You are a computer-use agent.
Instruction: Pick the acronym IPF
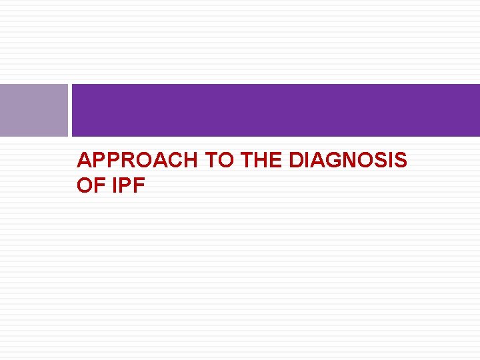(x=129, y=186)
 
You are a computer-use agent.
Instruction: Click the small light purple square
(x=33, y=110)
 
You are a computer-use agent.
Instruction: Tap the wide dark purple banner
(x=275, y=110)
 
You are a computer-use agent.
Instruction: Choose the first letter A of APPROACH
(x=84, y=161)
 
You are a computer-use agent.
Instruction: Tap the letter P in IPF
(x=127, y=186)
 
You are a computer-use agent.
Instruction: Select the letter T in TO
(x=209, y=161)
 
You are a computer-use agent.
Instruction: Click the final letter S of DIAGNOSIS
(x=400, y=161)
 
